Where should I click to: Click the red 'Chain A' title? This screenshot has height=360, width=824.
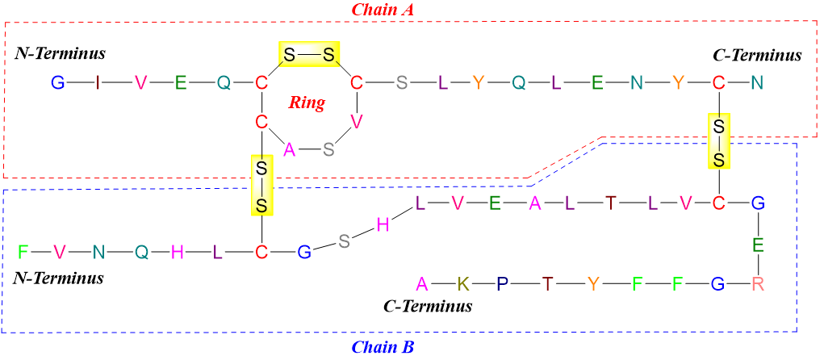tap(383, 10)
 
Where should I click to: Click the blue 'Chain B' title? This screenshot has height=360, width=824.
tap(383, 348)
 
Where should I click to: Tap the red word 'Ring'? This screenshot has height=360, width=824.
tap(307, 103)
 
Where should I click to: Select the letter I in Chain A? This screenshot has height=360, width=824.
tap(98, 82)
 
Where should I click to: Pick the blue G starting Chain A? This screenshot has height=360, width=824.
tap(57, 82)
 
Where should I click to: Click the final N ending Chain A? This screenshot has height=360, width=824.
tap(757, 82)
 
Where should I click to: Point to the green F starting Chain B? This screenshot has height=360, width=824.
tap(23, 252)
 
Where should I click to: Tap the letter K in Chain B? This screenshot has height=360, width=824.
tap(462, 283)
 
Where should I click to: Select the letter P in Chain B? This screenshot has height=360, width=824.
tap(502, 283)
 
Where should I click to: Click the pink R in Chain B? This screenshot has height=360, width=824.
tap(757, 283)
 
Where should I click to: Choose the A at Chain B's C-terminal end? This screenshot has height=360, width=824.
tap(420, 283)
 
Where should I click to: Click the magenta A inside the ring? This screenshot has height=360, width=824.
tap(289, 149)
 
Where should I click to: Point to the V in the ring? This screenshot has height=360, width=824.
tap(356, 122)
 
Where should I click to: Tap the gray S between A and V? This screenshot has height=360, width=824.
tap(328, 149)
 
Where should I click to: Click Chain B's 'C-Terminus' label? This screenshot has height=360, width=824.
tap(427, 307)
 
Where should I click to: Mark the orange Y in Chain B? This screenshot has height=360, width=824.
tap(593, 283)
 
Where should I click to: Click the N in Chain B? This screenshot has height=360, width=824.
tap(98, 252)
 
